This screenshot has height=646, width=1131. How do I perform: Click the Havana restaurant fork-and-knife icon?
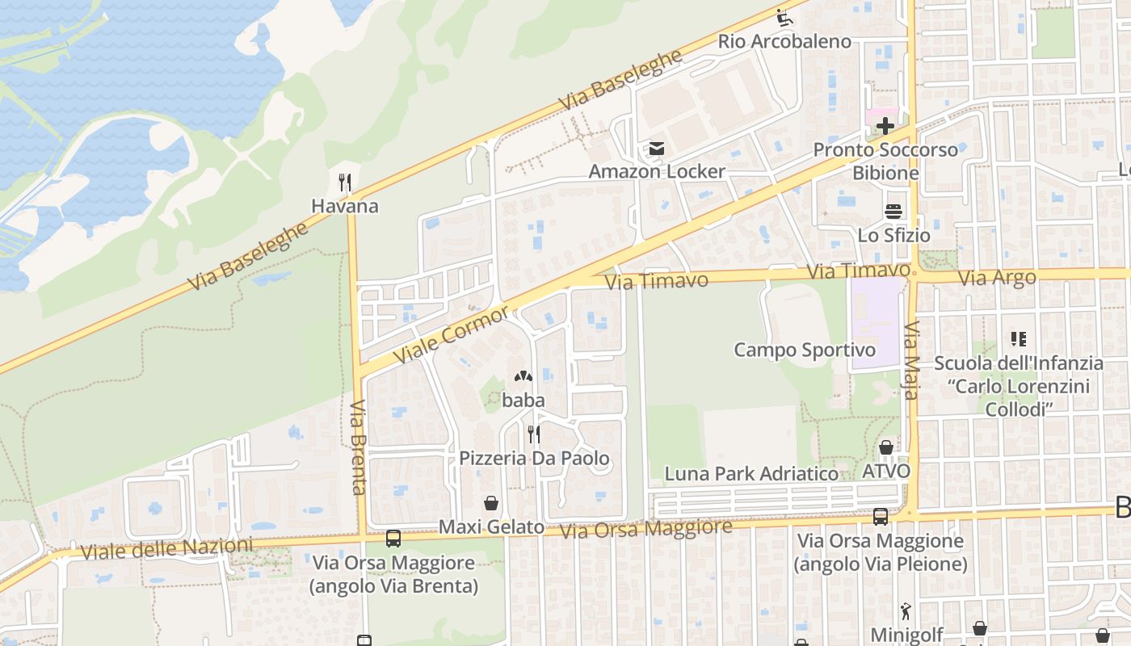click(345, 182)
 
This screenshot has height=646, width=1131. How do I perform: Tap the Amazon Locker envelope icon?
click(656, 149)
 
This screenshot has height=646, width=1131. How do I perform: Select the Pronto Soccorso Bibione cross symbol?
click(885, 126)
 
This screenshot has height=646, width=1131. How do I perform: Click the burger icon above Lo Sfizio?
click(893, 212)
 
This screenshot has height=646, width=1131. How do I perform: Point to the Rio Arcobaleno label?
click(784, 41)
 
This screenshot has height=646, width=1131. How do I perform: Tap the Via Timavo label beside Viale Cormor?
click(656, 281)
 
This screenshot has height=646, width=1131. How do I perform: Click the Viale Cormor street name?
click(452, 334)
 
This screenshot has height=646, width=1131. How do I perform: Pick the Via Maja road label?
click(911, 361)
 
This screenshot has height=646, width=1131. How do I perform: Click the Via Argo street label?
click(996, 279)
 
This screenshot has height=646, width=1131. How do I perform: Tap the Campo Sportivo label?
click(804, 350)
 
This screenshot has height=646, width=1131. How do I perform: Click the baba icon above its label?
click(523, 376)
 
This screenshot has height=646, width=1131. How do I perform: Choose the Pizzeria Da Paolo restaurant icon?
click(533, 434)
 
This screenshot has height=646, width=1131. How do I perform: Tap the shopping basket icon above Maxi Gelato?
click(490, 503)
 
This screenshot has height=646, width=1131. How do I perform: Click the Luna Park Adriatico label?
click(751, 474)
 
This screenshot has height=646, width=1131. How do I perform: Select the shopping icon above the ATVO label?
click(885, 447)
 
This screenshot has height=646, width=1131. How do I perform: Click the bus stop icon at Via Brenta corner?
click(393, 538)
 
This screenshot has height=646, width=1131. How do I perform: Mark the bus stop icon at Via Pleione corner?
click(881, 516)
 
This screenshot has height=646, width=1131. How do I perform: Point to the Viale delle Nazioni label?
click(166, 549)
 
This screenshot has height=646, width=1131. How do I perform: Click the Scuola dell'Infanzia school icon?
click(1018, 339)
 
